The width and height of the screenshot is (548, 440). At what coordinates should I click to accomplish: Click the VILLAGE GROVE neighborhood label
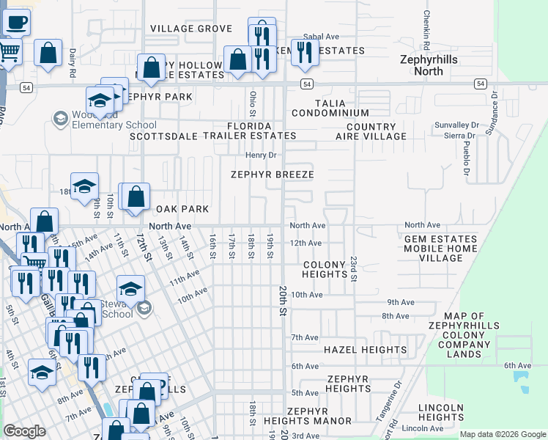[x=191, y=29]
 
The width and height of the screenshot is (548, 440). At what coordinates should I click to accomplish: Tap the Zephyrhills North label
[x=429, y=65]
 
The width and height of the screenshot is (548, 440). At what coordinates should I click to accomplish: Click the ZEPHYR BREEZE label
[x=272, y=175]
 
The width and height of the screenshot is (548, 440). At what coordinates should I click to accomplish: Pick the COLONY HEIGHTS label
[x=325, y=269]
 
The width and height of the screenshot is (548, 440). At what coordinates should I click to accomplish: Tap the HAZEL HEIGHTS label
[x=365, y=350]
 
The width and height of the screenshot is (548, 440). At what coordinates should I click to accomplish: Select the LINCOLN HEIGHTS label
[x=442, y=412]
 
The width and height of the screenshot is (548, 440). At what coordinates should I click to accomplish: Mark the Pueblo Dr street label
[x=464, y=160]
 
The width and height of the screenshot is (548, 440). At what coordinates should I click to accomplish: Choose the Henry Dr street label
[x=260, y=155]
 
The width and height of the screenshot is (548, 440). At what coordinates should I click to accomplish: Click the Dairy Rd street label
[x=73, y=63]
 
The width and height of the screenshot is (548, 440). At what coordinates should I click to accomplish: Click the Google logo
[x=24, y=431]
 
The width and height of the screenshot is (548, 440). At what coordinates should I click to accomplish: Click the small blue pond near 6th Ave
[x=521, y=379]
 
